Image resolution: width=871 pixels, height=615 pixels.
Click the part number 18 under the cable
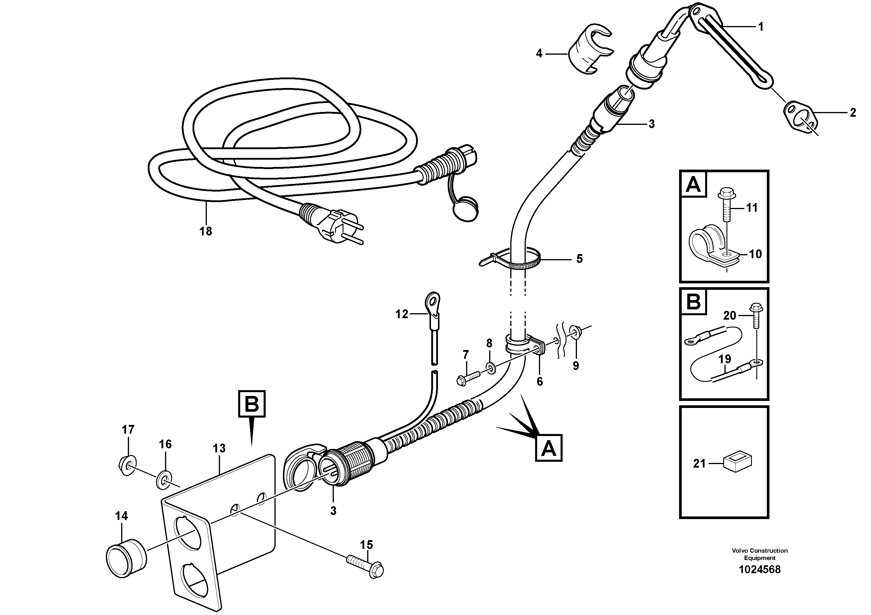tap(206, 231)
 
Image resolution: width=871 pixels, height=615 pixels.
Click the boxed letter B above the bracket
tap(252, 404)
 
